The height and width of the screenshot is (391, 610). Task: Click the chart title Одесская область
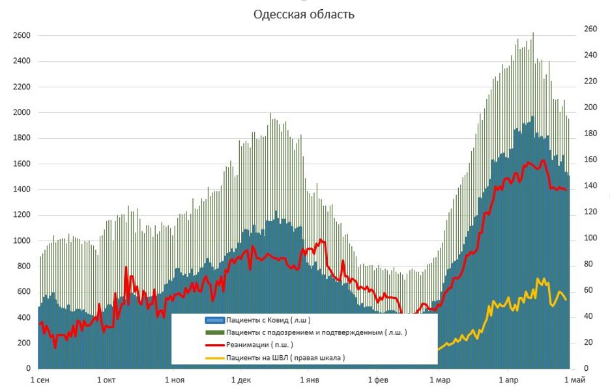304,14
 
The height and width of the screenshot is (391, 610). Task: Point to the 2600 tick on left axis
22,36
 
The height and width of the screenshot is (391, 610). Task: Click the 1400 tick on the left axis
22,190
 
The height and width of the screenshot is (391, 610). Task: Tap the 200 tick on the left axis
24,343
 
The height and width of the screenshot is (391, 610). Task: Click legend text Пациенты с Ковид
268,320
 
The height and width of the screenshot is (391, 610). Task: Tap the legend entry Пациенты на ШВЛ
285,357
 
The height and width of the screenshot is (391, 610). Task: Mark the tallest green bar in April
533,33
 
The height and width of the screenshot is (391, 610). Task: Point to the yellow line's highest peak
538,279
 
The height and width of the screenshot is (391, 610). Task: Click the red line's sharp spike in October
126,268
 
